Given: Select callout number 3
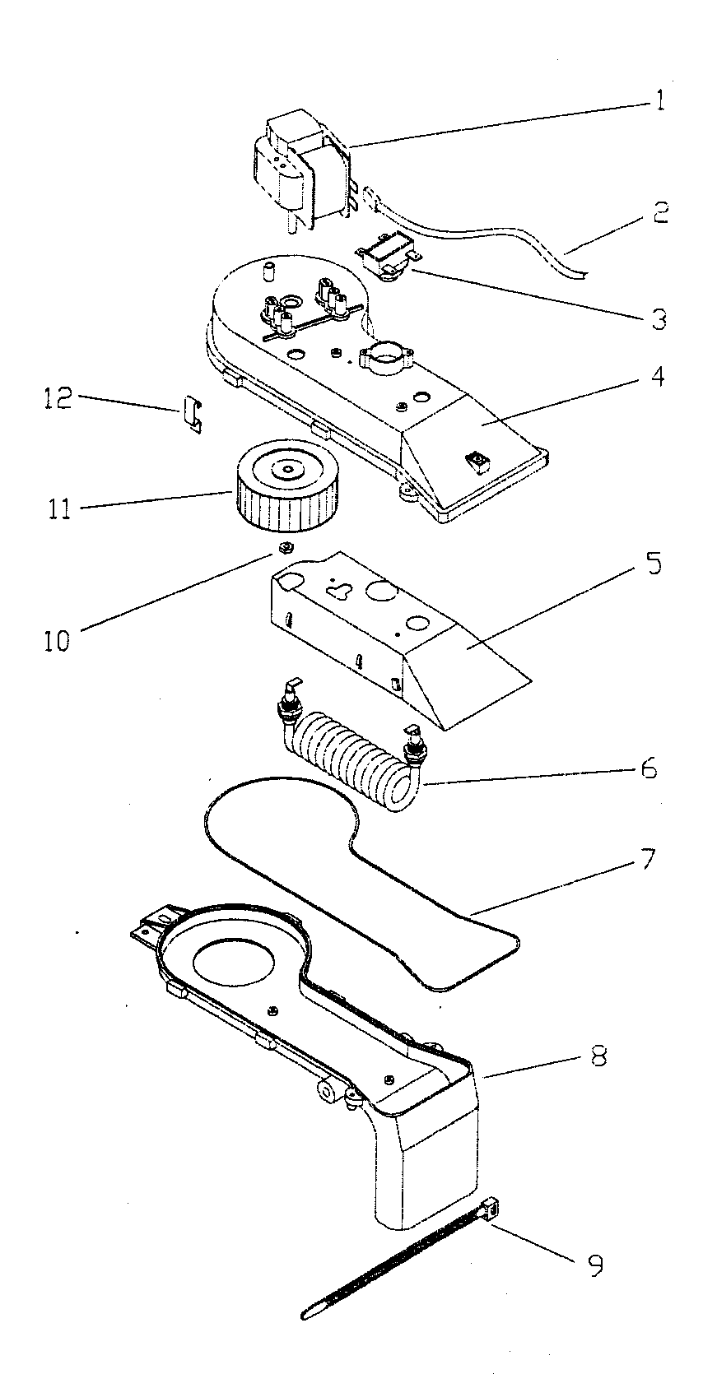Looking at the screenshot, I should point(658,318).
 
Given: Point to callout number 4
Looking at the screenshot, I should point(658,379).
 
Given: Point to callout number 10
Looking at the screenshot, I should point(58,639).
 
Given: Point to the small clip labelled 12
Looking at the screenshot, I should point(192,412).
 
